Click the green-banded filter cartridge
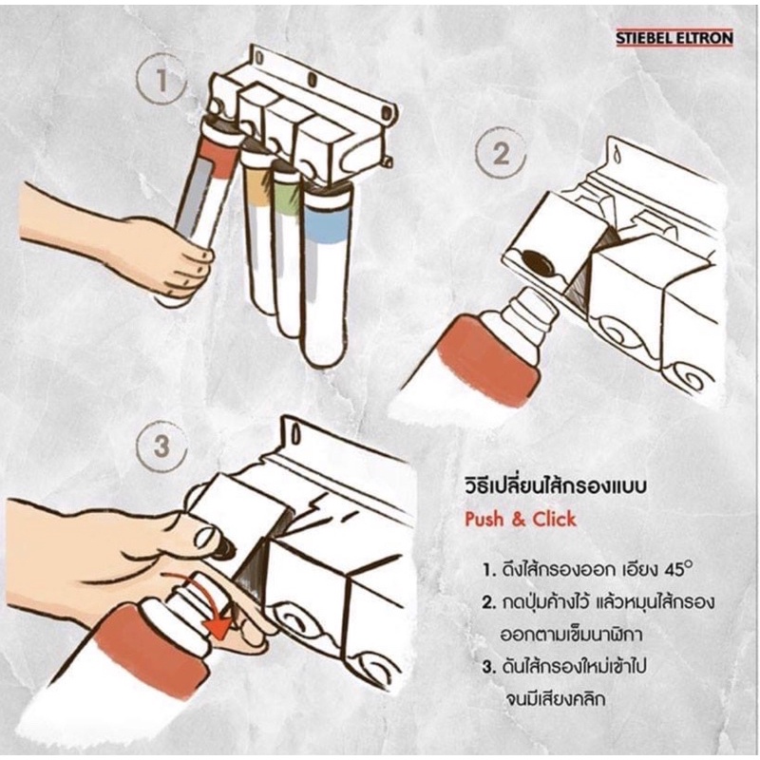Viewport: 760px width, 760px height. coord(286,247)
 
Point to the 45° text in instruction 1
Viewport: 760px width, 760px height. coord(674,572)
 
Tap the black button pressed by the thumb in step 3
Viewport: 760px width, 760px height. coord(223,548)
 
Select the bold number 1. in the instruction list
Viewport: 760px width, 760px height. coord(486,573)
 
